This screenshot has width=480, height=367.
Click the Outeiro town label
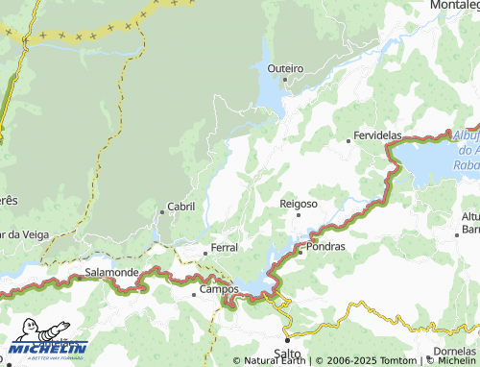pyautogui.click(x=285, y=68)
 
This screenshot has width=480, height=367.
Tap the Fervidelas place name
pyautogui.click(x=377, y=137)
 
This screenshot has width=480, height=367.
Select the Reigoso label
pyautogui.click(x=299, y=204)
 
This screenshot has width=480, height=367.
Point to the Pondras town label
pyautogui.click(x=324, y=247)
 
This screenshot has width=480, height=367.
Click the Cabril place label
pyautogui.click(x=180, y=207)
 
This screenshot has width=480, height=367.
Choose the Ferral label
pyautogui.click(x=225, y=248)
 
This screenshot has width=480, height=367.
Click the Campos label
pyautogui.click(x=218, y=288)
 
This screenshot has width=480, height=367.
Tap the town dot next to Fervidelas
pyautogui.click(x=348, y=141)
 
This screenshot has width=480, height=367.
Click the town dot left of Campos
pyautogui.click(x=194, y=292)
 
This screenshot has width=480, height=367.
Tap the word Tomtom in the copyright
pyautogui.click(x=397, y=361)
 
